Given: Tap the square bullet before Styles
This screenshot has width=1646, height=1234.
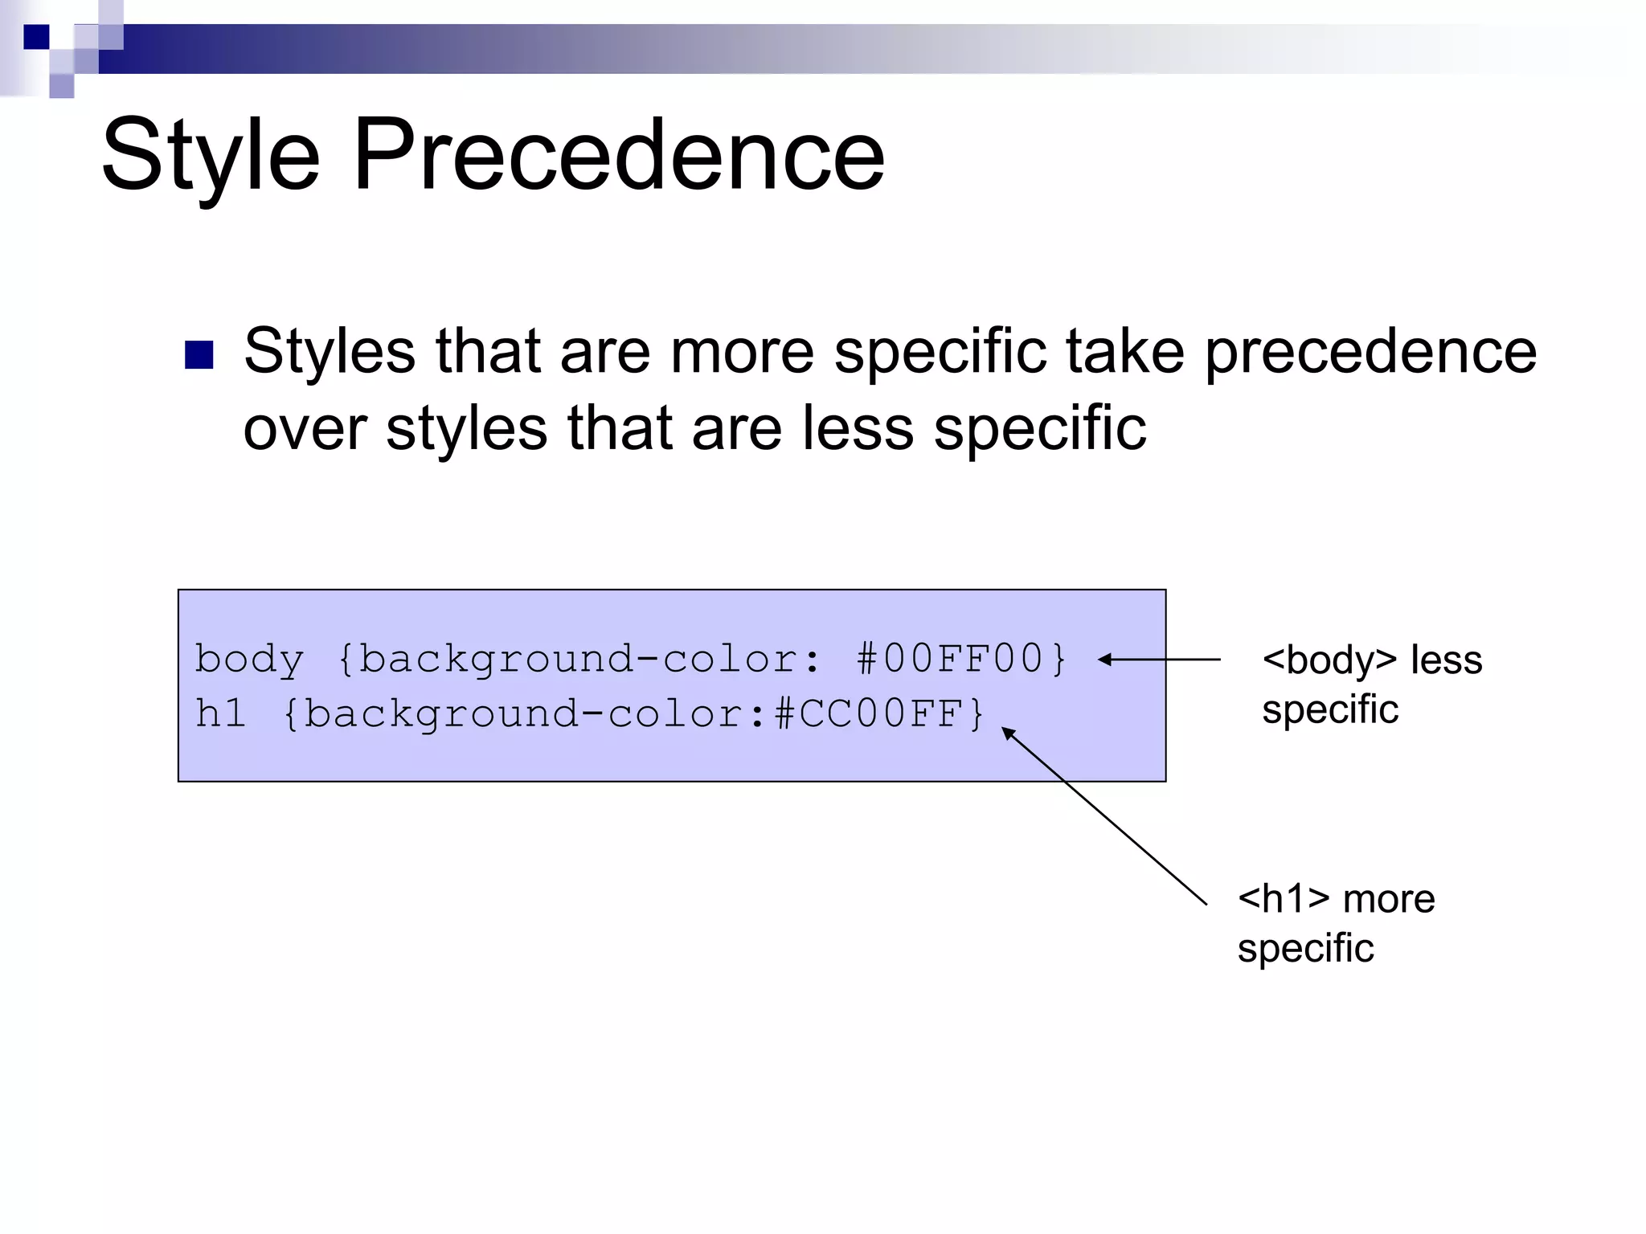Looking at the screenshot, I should [x=199, y=355].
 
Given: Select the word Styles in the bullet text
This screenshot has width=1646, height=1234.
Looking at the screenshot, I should [x=330, y=352].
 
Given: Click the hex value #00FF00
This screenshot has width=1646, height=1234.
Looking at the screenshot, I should [x=949, y=659].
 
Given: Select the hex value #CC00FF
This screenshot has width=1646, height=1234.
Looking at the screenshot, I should [x=868, y=713].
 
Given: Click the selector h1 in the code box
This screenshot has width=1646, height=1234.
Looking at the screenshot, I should [x=220, y=713].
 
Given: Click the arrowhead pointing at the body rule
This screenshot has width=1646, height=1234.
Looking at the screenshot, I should [x=1105, y=660].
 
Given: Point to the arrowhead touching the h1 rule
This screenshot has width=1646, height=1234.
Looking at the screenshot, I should [x=1008, y=733].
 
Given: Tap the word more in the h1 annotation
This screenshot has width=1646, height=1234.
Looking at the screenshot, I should [x=1389, y=900].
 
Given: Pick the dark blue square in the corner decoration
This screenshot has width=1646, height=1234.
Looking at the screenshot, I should [x=37, y=37].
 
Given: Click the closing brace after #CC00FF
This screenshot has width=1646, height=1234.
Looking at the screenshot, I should [x=977, y=713].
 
